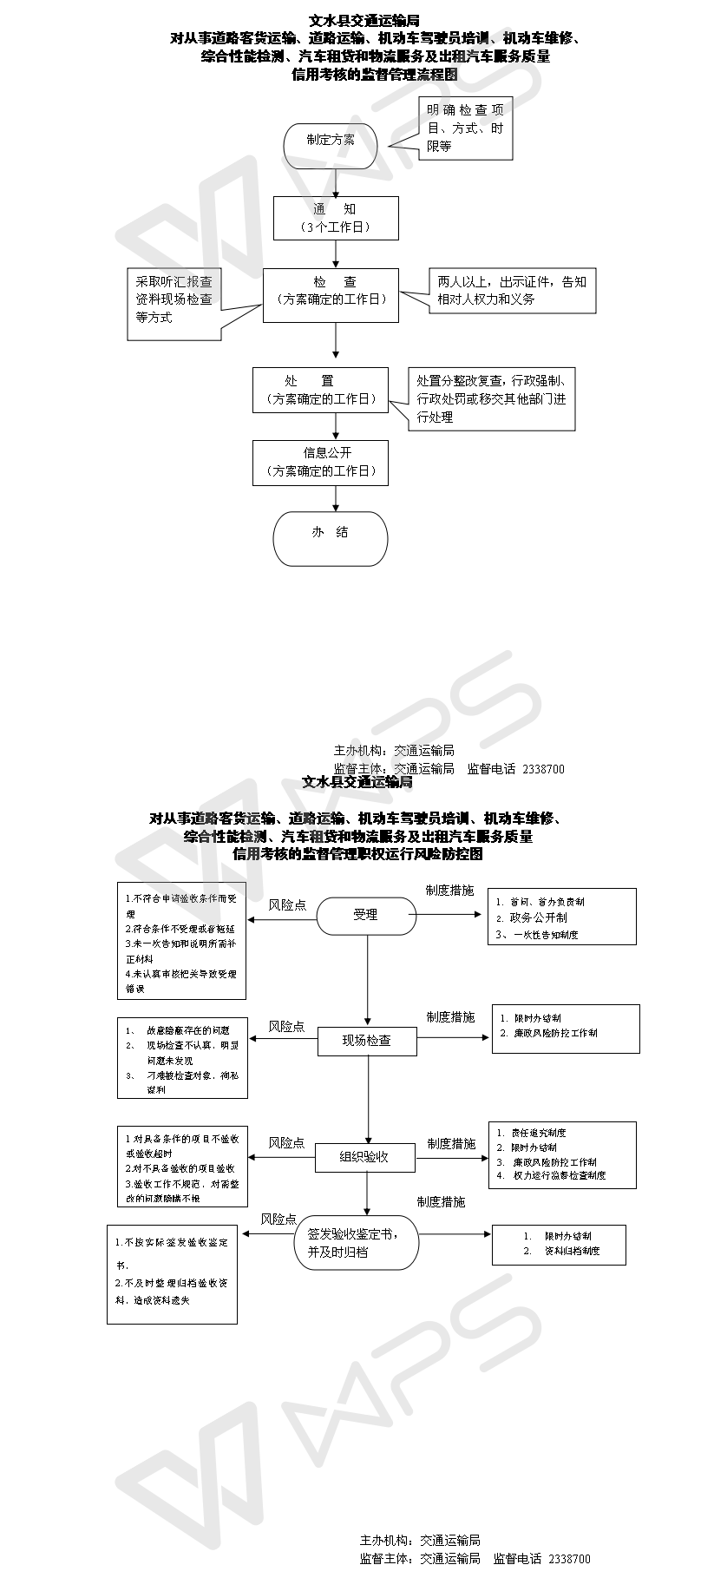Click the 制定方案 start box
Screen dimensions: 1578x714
(330, 141)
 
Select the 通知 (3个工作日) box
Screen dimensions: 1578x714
(336, 218)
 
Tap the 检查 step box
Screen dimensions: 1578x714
(331, 295)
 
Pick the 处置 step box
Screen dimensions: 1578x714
(320, 390)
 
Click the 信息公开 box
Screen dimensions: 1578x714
(320, 462)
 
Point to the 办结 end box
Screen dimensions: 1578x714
(330, 538)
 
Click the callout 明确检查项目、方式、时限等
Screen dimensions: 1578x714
(464, 128)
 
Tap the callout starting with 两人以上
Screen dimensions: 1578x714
(512, 290)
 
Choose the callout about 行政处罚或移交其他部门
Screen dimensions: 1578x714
(491, 399)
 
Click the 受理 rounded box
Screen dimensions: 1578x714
(365, 914)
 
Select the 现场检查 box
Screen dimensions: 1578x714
(367, 1040)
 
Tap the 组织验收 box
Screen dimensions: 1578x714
(364, 1156)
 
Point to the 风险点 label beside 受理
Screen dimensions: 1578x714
(287, 904)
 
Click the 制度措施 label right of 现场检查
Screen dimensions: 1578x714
(450, 1016)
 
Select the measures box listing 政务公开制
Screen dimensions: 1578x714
(561, 917)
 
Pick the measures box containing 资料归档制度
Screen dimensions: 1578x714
(559, 1243)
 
